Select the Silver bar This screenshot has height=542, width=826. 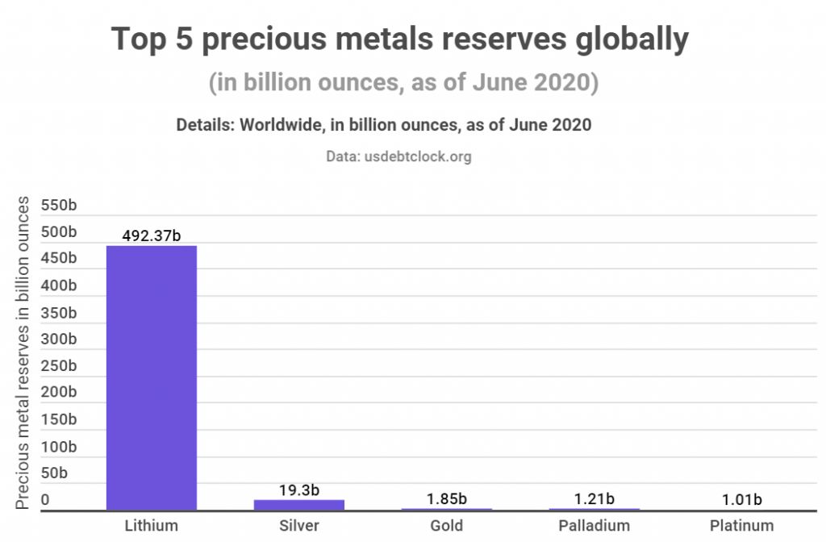pos(299,505)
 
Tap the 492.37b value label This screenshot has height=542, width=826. pos(152,236)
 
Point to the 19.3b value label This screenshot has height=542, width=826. pos(299,490)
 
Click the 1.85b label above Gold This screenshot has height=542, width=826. pos(447,498)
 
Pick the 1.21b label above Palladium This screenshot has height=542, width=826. pos(594,498)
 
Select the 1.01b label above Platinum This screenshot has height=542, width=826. pos(742,498)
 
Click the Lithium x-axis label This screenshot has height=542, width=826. pos(152,526)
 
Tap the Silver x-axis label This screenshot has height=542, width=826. pos(299,526)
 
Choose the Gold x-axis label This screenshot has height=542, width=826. pos(447,526)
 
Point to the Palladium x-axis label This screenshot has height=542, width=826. pos(594,526)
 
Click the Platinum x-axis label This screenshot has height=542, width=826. pos(742,526)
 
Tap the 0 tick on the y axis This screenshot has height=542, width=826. pos(46,500)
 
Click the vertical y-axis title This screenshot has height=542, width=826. pos(23,352)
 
